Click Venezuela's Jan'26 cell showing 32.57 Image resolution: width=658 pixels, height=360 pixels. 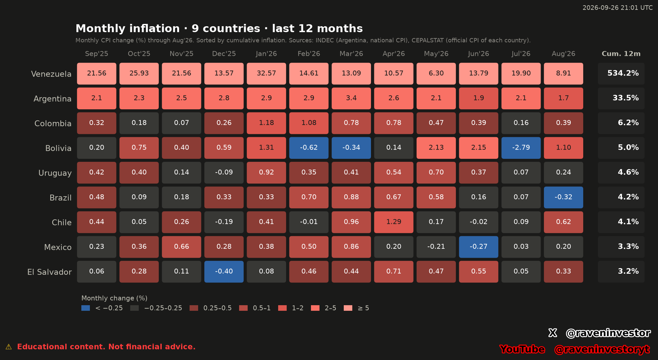click(x=266, y=74)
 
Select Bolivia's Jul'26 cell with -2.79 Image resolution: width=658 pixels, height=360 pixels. click(x=521, y=148)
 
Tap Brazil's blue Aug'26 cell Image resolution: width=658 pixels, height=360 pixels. click(x=564, y=197)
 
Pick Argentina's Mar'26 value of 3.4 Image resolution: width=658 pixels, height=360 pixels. click(x=351, y=98)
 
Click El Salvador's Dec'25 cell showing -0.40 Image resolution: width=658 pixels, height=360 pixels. click(x=224, y=271)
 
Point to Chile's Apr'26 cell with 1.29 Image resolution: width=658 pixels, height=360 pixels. click(x=394, y=222)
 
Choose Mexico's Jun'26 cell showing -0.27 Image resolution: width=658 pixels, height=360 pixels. click(x=479, y=247)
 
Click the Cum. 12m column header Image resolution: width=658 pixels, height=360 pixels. click(x=621, y=53)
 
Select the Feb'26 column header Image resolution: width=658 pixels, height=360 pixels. click(x=309, y=53)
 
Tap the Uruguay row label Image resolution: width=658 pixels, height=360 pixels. click(x=55, y=173)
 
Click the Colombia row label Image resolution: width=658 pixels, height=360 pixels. click(x=53, y=123)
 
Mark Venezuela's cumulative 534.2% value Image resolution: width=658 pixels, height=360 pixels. click(x=623, y=73)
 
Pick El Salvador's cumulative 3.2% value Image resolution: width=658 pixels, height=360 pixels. click(x=628, y=271)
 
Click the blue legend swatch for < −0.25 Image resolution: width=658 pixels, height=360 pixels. click(x=86, y=308)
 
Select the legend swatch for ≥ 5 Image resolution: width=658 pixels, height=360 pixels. click(x=348, y=308)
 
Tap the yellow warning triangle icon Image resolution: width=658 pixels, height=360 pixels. click(x=9, y=347)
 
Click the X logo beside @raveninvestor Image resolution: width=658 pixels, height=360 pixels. click(x=553, y=333)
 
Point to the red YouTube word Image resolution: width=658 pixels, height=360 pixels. click(x=522, y=349)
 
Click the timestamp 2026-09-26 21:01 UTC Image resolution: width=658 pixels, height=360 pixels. click(x=618, y=8)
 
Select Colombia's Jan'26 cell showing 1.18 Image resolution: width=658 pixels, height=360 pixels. click(x=266, y=123)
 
